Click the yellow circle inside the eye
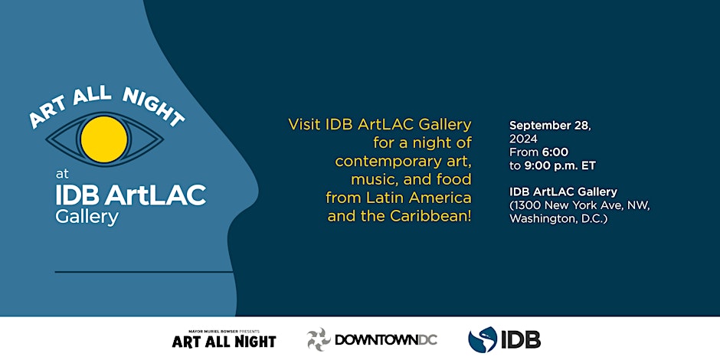104,139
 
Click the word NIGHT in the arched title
153,107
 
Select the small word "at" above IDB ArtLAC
62,175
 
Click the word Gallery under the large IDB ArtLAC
87,217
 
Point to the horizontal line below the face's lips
144,272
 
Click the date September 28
550,126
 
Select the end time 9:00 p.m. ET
559,165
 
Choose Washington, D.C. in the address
558,220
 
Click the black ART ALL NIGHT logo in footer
224,341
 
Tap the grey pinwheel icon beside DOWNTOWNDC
319,340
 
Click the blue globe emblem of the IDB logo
483,340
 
